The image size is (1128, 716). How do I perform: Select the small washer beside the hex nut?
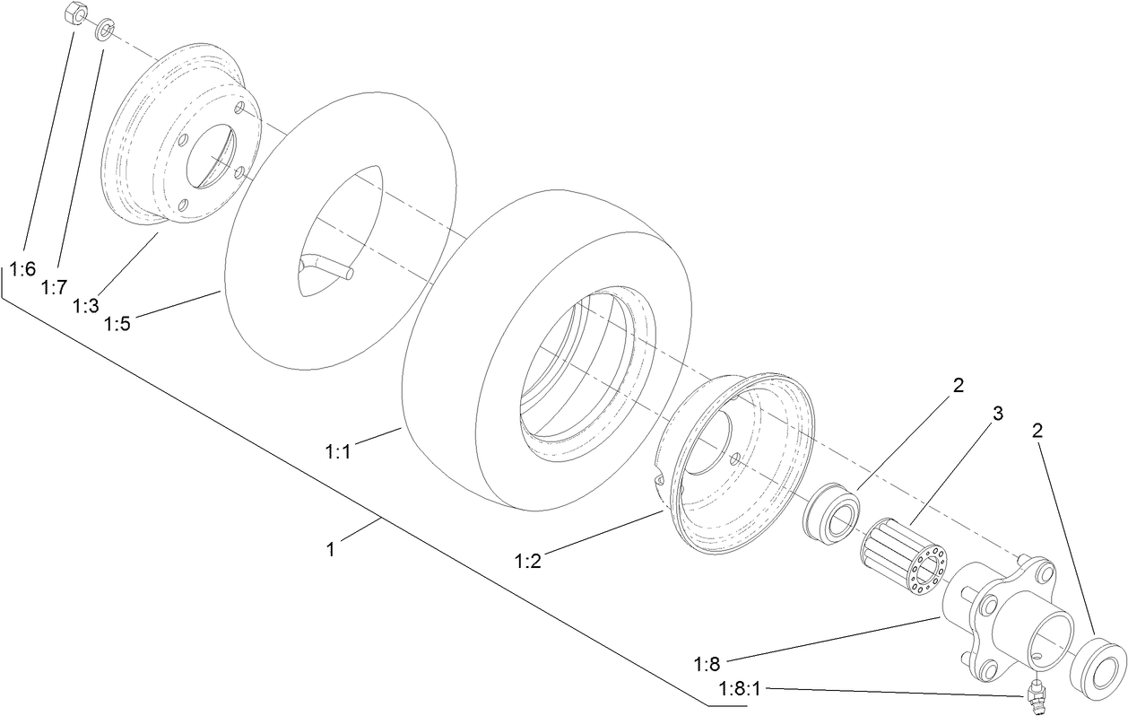click(x=105, y=31)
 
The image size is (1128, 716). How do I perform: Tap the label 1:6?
click(x=22, y=268)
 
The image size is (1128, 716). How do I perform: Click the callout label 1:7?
click(x=54, y=287)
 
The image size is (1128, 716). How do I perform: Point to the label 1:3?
click(x=86, y=306)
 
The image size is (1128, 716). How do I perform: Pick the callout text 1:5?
click(x=117, y=324)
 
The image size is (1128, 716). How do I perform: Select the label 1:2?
click(x=528, y=561)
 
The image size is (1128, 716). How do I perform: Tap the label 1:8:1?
click(x=740, y=688)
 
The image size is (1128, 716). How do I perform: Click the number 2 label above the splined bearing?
click(x=959, y=386)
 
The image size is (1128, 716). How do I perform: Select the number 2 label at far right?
click(x=1037, y=430)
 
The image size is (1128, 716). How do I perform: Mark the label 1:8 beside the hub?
click(x=707, y=664)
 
